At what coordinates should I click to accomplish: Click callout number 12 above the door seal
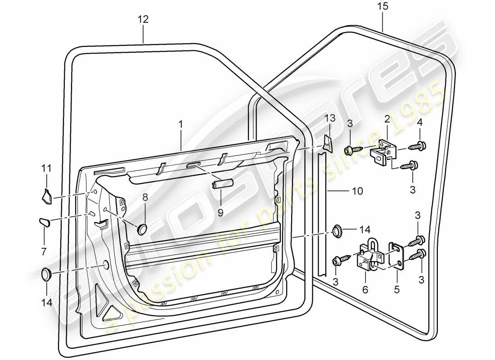[143, 20]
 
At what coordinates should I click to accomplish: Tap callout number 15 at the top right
[383, 7]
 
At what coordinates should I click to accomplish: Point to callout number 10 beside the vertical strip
[357, 192]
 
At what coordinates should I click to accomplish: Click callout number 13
[330, 118]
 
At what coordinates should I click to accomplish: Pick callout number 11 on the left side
[47, 169]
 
